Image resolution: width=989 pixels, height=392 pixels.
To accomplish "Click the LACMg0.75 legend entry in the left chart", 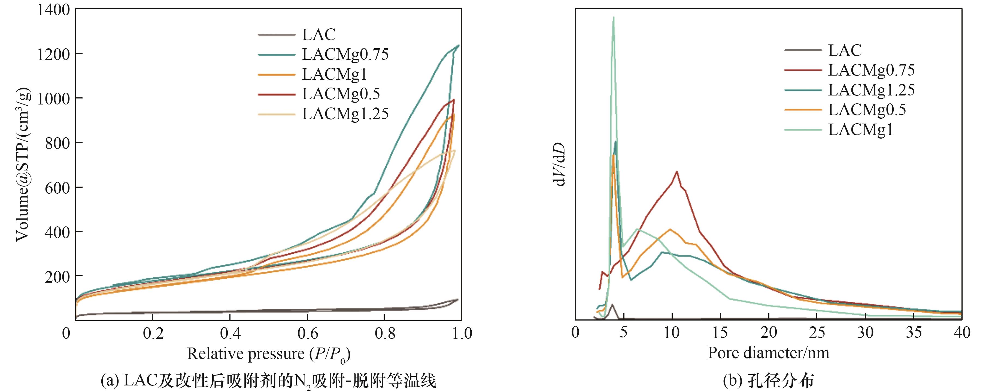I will tap(345, 54).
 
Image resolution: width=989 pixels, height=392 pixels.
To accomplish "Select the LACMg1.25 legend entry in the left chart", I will tap(345, 114).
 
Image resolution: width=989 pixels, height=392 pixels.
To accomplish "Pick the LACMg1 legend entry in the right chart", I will tap(860, 130).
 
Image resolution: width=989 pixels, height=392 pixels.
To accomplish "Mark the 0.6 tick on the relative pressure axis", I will tap(308, 333).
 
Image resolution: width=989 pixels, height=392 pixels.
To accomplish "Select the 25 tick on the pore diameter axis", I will tap(817, 332).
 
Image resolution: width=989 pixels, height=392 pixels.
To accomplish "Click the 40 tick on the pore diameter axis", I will tap(962, 332).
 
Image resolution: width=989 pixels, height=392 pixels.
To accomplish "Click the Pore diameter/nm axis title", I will tap(768, 353).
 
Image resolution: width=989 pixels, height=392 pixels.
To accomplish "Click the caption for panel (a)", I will tap(268, 381).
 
